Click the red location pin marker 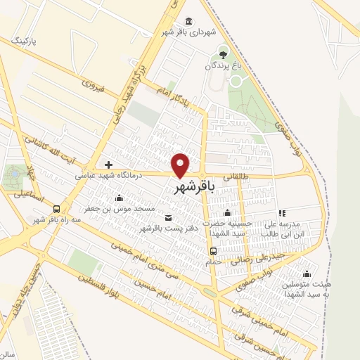click(181, 165)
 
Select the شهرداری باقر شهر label click(187, 32)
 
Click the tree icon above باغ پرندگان click(223, 53)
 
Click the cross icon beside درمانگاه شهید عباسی click(108, 164)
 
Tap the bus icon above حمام click(213, 251)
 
